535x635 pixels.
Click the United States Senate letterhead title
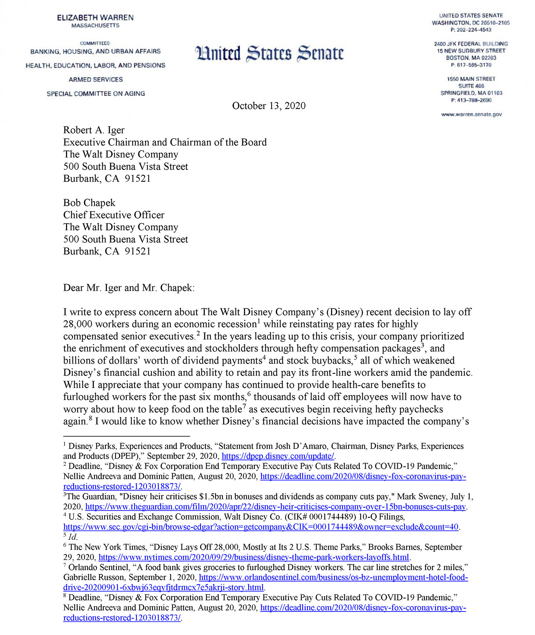click(x=269, y=53)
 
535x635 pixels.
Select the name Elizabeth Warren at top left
click(x=95, y=17)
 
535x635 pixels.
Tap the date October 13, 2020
click(x=269, y=106)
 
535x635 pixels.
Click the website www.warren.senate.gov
click(x=472, y=114)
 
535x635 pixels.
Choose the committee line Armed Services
click(x=96, y=80)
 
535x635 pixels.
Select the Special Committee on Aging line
click(x=96, y=94)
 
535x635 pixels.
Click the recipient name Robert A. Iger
click(x=94, y=130)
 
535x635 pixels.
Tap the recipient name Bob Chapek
click(x=89, y=203)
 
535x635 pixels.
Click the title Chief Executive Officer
click(x=114, y=215)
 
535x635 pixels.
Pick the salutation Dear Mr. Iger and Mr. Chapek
click(x=129, y=288)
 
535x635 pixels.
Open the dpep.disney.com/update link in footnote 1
click(x=278, y=456)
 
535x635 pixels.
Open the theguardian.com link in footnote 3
click(x=275, y=507)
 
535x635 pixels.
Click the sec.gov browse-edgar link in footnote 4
click(x=260, y=527)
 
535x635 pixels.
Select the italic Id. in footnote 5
click(x=72, y=537)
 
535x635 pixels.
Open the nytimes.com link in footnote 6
click(x=254, y=557)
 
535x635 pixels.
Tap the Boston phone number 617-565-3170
click(x=474, y=65)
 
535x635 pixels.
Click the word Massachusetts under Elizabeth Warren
click(x=95, y=26)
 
